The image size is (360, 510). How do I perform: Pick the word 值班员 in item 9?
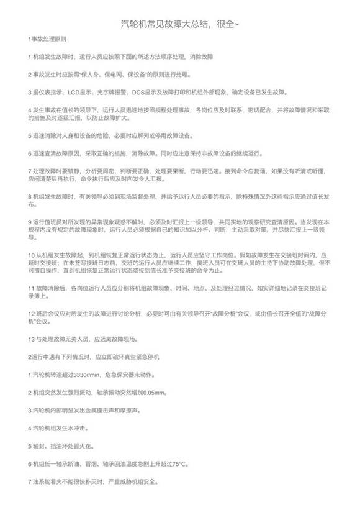[53, 222]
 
